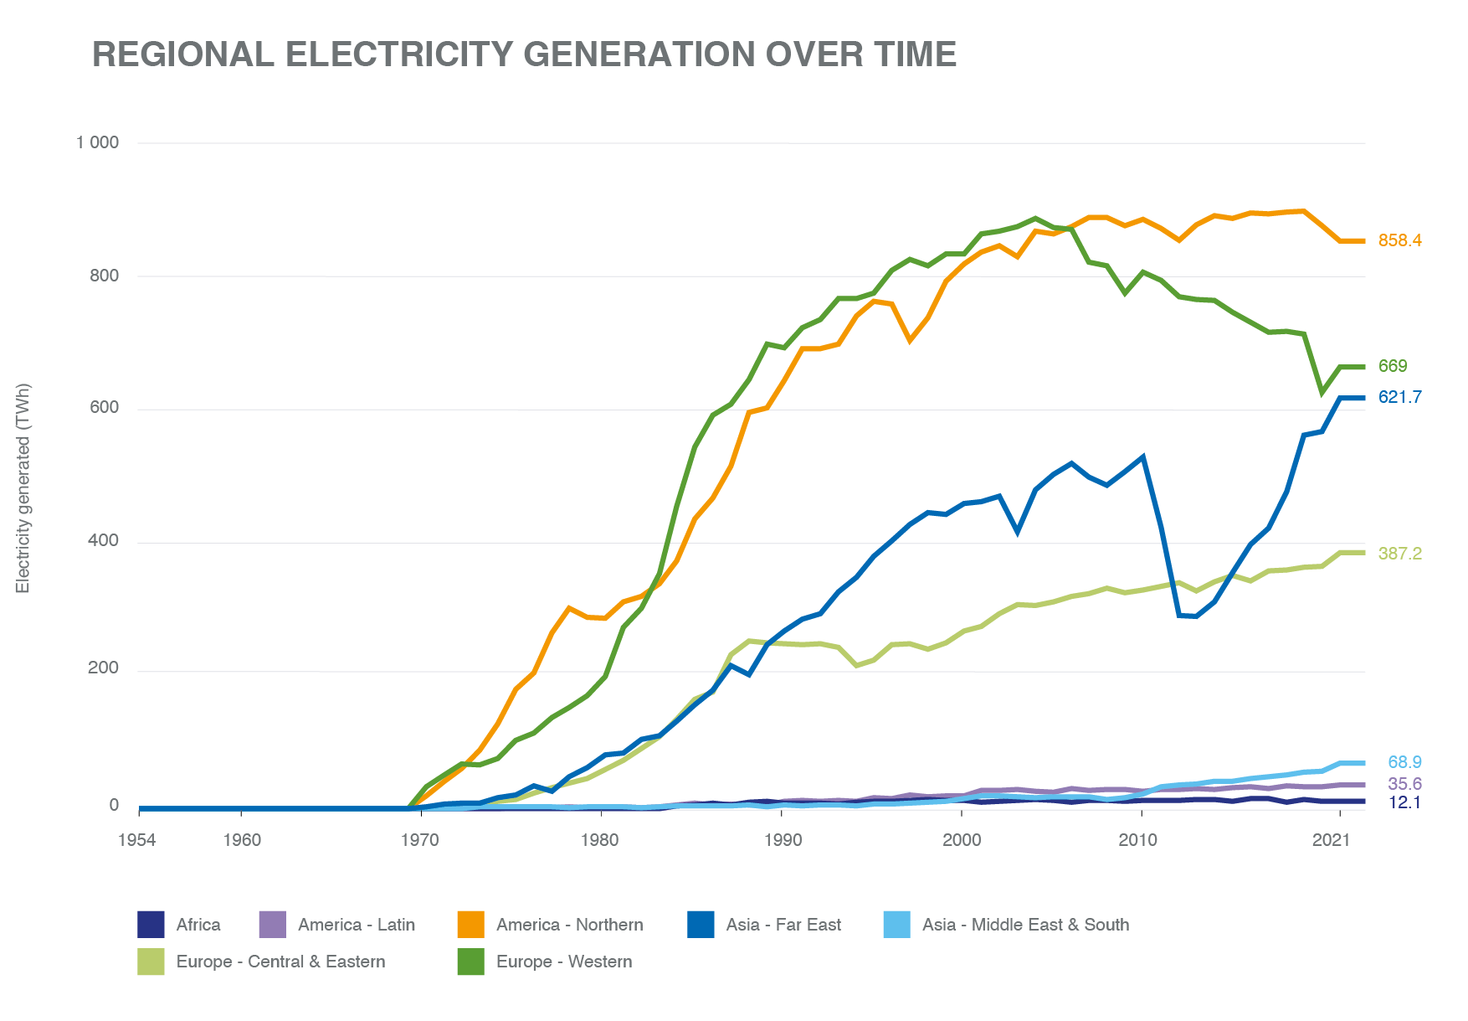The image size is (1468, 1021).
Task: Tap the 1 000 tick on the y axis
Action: coord(98,142)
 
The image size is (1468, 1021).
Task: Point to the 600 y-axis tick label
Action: coord(104,408)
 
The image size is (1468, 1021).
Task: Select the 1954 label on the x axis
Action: coord(137,840)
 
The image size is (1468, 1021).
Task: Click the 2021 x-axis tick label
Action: coord(1332,840)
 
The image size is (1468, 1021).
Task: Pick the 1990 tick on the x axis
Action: coord(781,840)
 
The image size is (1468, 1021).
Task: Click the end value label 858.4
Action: coord(1399,240)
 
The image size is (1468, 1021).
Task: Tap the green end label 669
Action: coord(1393,366)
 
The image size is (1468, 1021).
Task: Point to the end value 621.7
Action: coord(1399,397)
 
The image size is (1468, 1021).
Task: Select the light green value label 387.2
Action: coord(1399,554)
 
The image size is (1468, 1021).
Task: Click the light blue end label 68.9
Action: coord(1404,762)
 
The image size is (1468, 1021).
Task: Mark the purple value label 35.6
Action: coord(1404,784)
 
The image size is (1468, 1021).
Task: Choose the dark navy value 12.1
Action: coord(1404,802)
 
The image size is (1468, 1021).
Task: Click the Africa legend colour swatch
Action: coord(151,925)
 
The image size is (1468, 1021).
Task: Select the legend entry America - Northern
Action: coord(569,925)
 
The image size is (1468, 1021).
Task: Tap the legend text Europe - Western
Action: coord(563,962)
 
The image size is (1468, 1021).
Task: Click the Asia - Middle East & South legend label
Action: coord(1025,925)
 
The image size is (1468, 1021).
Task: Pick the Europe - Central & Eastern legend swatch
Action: coord(151,962)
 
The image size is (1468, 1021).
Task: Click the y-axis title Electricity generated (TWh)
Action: coord(23,488)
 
